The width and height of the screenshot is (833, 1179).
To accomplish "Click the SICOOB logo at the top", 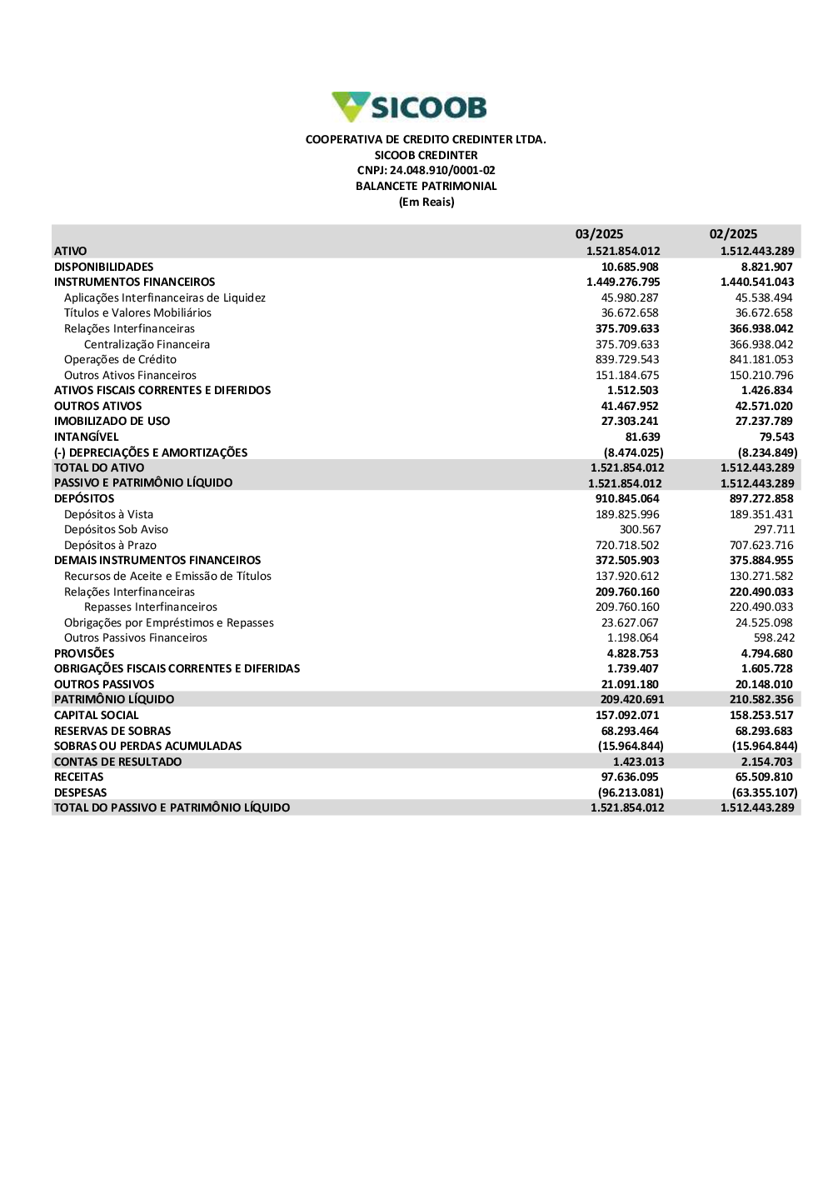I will (x=409, y=107).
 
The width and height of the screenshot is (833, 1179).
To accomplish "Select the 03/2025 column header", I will (x=599, y=234).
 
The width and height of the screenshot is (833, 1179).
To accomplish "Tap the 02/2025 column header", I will (x=733, y=234).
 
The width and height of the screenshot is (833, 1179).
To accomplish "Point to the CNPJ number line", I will (x=426, y=171).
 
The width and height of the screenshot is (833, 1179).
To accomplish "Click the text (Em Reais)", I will (x=426, y=202).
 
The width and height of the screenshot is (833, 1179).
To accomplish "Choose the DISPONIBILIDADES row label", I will (x=104, y=267).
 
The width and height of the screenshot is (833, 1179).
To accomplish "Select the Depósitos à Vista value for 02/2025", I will (x=761, y=515).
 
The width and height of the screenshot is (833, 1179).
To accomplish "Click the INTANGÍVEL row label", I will (x=87, y=437).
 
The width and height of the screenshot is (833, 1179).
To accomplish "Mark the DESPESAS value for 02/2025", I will (x=765, y=793).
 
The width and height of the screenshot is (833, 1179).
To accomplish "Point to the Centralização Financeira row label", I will (x=147, y=344).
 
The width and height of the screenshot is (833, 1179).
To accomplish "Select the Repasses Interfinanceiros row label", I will (x=151, y=607).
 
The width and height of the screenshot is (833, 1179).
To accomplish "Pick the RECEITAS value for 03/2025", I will (x=630, y=777).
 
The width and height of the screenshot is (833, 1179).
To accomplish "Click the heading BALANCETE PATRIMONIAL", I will (x=426, y=187).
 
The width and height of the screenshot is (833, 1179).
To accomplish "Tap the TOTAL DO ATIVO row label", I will (x=99, y=468).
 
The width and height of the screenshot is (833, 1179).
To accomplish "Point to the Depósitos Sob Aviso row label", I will (x=116, y=530).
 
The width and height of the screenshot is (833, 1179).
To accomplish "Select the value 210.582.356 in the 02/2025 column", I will (x=761, y=700).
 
